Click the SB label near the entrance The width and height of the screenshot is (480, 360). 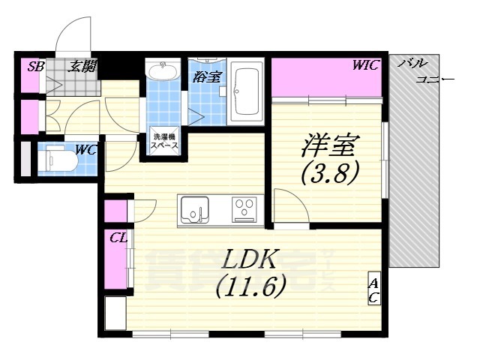click(35, 67)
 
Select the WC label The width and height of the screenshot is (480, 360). click(85, 149)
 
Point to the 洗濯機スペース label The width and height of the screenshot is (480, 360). click(165, 142)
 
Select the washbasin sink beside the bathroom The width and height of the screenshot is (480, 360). click(163, 72)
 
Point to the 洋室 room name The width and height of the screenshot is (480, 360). click(331, 142)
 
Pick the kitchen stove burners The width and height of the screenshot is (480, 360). click(244, 208)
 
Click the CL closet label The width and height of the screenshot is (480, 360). click(117, 238)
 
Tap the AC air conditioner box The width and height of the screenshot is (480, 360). click(373, 290)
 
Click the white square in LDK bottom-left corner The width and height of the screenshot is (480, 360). click(115, 313)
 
